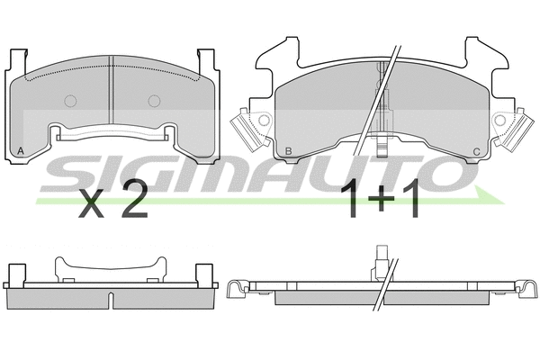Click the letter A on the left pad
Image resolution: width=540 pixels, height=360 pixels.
[x=20, y=151]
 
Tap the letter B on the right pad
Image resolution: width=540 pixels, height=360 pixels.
[x=287, y=150]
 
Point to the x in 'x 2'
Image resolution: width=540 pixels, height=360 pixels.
[x=93, y=205]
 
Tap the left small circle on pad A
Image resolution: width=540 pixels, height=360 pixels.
[x=70, y=100]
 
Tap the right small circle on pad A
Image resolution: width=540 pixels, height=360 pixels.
[x=154, y=100]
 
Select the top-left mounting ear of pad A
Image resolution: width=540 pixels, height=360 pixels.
[x=14, y=63]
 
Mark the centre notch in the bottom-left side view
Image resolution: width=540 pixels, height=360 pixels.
[x=111, y=297]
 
